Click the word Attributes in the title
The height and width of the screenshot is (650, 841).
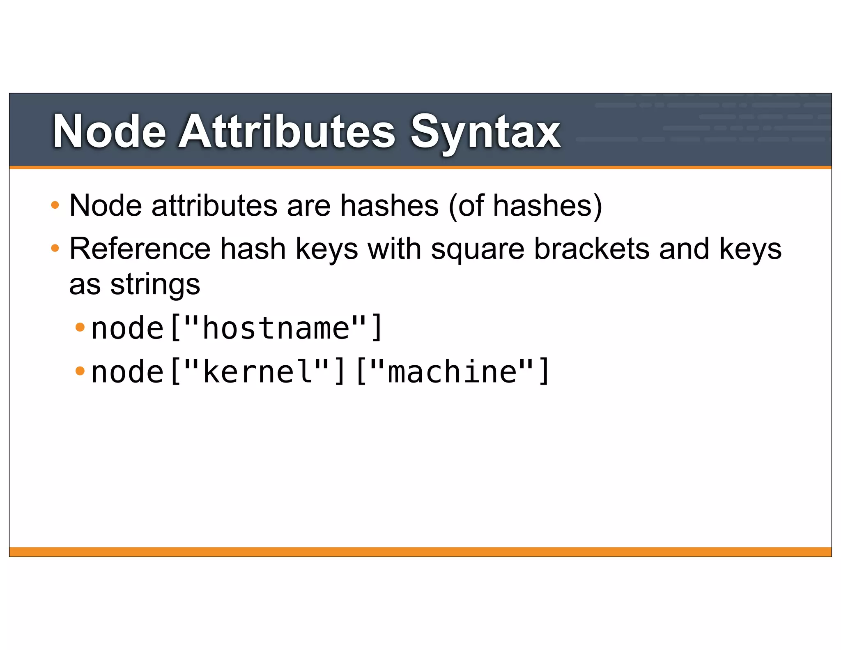pyautogui.click(x=287, y=132)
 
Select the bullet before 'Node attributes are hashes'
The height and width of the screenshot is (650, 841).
pyautogui.click(x=55, y=205)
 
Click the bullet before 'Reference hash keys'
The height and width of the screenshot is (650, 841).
pyautogui.click(x=55, y=248)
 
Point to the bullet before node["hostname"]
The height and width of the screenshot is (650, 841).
pyautogui.click(x=80, y=327)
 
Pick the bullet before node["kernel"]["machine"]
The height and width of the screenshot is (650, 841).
pyautogui.click(x=80, y=371)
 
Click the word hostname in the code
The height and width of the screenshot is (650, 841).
pyautogui.click(x=276, y=328)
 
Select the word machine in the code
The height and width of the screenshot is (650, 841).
pyautogui.click(x=452, y=372)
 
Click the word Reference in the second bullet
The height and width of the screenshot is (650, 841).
pyautogui.click(x=140, y=249)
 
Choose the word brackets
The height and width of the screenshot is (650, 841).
pyautogui.click(x=592, y=249)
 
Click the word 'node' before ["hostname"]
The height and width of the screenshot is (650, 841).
pyautogui.click(x=127, y=328)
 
